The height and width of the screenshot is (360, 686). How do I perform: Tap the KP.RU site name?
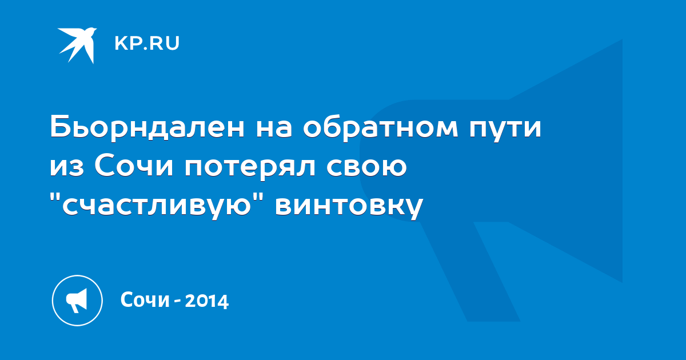[147, 43]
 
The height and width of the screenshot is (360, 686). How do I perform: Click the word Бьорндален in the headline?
[147, 126]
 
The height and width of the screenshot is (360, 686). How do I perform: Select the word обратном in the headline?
[380, 127]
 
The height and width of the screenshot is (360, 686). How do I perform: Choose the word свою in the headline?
[366, 167]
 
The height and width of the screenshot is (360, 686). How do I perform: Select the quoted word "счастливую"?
[156, 205]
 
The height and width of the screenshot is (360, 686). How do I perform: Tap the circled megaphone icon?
[77, 301]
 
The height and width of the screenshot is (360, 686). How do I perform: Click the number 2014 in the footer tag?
[207, 301]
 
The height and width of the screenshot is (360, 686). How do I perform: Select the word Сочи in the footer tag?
[145, 299]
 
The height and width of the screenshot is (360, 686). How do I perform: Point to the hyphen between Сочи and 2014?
[177, 302]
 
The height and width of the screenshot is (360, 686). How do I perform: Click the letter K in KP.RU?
[121, 43]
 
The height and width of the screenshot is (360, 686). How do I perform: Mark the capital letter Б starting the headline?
[59, 127]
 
